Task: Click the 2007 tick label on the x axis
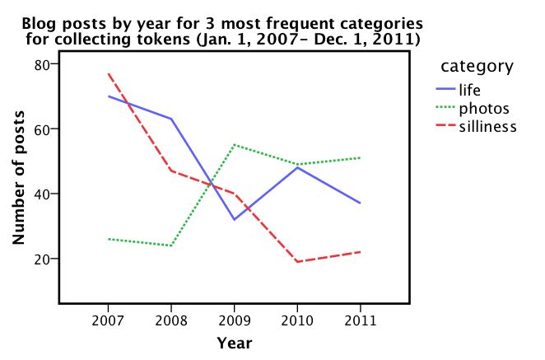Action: click(x=108, y=319)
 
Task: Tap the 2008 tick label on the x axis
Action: click(x=171, y=319)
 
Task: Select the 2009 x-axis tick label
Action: click(x=234, y=319)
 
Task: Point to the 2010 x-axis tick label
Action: click(x=297, y=319)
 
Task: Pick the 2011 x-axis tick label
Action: click(x=360, y=319)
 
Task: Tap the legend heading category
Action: click(x=477, y=66)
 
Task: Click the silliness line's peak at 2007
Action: click(x=108, y=73)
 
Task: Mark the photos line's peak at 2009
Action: click(x=234, y=144)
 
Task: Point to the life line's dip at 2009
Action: click(x=234, y=220)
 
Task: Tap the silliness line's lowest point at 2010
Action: click(x=297, y=262)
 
